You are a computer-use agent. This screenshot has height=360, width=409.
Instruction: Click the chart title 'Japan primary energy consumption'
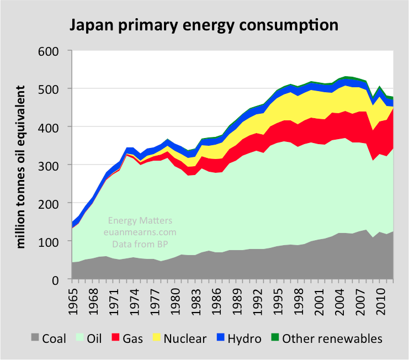[203, 25]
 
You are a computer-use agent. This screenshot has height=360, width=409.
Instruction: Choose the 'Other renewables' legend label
[332, 338]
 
